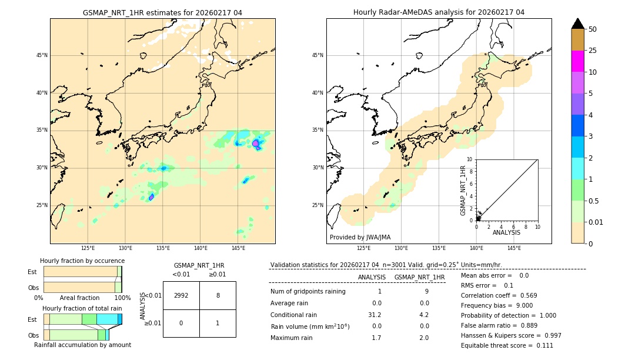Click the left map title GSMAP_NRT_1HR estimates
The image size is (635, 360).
[x=162, y=12]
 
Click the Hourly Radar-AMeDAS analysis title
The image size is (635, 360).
[x=439, y=12]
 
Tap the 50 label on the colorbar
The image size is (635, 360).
[x=593, y=29]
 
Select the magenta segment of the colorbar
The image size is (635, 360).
[x=577, y=61]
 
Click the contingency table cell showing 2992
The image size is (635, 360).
[x=181, y=296]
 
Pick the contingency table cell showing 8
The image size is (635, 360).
[x=218, y=296]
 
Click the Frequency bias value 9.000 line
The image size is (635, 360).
[x=497, y=305]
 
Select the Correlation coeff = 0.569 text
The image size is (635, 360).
[x=499, y=295]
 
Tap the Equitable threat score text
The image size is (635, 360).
[x=507, y=345]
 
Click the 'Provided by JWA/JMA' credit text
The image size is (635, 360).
[x=360, y=237]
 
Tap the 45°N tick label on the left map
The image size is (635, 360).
[x=42, y=55]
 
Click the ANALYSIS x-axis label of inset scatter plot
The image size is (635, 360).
[x=506, y=233]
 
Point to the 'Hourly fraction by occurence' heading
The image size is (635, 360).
[x=82, y=261]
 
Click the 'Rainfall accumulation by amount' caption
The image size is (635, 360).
[x=82, y=345]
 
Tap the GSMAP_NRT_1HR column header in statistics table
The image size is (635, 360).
[x=419, y=277]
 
